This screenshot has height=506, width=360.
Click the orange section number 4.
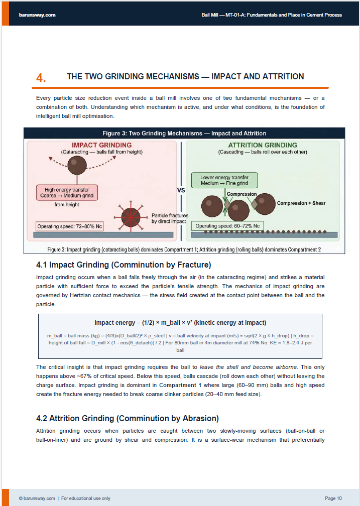point(41,78)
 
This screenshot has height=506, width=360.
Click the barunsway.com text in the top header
point(37,15)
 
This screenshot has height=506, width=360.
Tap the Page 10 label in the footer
point(333,498)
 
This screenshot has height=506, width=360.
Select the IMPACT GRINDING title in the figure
point(102,145)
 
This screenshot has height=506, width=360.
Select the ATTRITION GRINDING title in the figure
point(263,145)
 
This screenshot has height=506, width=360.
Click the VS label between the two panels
point(181,191)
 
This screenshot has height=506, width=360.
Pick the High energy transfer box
point(66,193)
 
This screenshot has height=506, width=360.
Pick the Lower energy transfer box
point(224,180)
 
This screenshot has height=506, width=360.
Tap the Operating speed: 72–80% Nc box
point(69,226)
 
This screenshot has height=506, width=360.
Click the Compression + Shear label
point(301,203)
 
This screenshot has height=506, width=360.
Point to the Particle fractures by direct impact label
point(170,218)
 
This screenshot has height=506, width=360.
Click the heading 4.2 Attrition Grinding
point(128,418)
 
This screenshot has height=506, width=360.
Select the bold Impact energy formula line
point(180,322)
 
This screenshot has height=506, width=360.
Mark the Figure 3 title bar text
point(184,134)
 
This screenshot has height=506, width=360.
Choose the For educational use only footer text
point(86,498)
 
